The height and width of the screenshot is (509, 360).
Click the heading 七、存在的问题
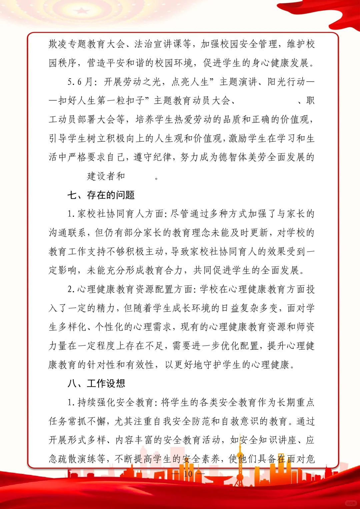(x=101, y=195)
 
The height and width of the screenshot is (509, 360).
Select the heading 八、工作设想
(x=96, y=383)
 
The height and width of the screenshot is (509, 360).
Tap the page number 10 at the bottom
(x=188, y=474)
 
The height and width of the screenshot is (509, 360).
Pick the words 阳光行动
(x=286, y=82)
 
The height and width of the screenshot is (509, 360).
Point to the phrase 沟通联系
(x=68, y=233)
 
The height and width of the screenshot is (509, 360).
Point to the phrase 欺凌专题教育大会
(x=87, y=44)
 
